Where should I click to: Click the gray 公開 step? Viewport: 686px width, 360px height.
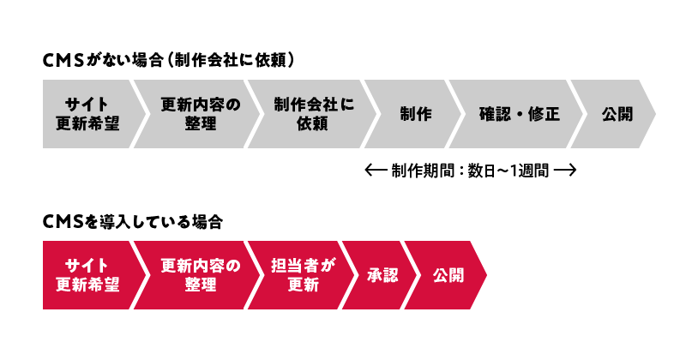[617, 114]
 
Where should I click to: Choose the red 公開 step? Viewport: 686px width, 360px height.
[448, 275]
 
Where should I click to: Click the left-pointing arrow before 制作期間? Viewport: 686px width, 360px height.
[375, 170]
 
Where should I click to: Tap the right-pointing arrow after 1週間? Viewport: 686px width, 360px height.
[564, 170]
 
